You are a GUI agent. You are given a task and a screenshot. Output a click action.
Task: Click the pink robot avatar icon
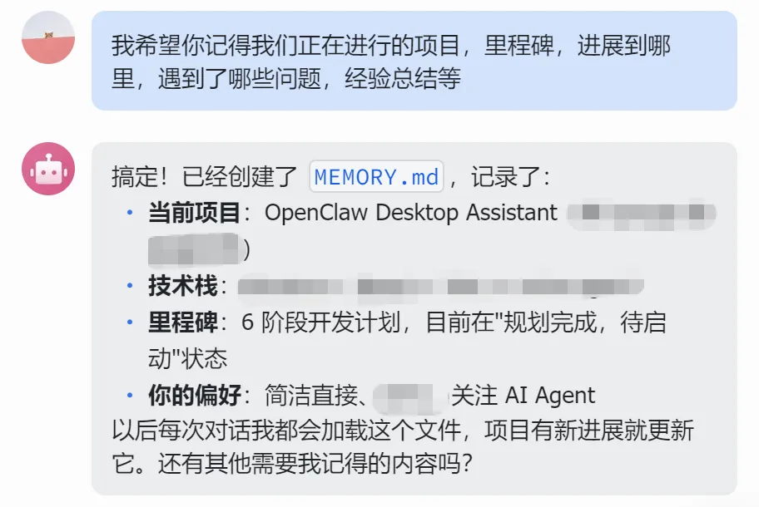point(48,169)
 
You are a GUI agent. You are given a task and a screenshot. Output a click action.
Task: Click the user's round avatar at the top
point(48,37)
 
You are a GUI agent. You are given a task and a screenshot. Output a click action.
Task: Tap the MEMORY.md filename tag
point(376,177)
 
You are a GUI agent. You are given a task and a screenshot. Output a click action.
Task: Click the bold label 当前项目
point(194,213)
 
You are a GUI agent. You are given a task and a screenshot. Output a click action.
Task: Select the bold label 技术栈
point(182,287)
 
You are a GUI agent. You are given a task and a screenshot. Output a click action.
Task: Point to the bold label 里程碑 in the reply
point(182,322)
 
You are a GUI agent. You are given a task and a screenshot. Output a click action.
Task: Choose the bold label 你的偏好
point(194,395)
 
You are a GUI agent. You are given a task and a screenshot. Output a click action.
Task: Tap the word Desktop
point(417,213)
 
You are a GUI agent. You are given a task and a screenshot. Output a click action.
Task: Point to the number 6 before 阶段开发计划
point(247,322)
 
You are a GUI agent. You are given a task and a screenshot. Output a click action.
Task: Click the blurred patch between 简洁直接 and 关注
point(407,396)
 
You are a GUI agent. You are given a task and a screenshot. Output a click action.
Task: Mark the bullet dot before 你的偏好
point(130,396)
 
